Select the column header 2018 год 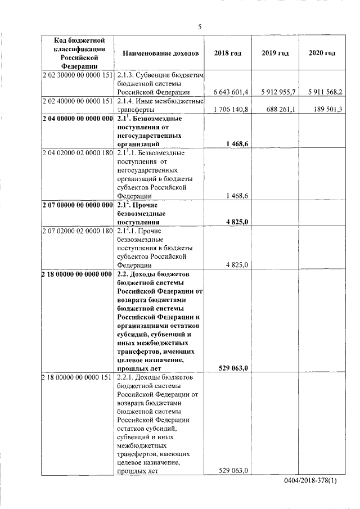click(228, 53)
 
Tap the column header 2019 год click(275, 53)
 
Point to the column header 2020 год click(322, 53)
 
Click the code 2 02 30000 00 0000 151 click(78, 74)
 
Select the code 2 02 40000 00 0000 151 click(78, 101)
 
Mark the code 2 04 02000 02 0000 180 click(78, 153)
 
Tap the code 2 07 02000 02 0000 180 click(78, 232)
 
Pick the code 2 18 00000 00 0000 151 click(78, 377)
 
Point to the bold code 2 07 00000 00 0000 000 click(78, 205)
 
